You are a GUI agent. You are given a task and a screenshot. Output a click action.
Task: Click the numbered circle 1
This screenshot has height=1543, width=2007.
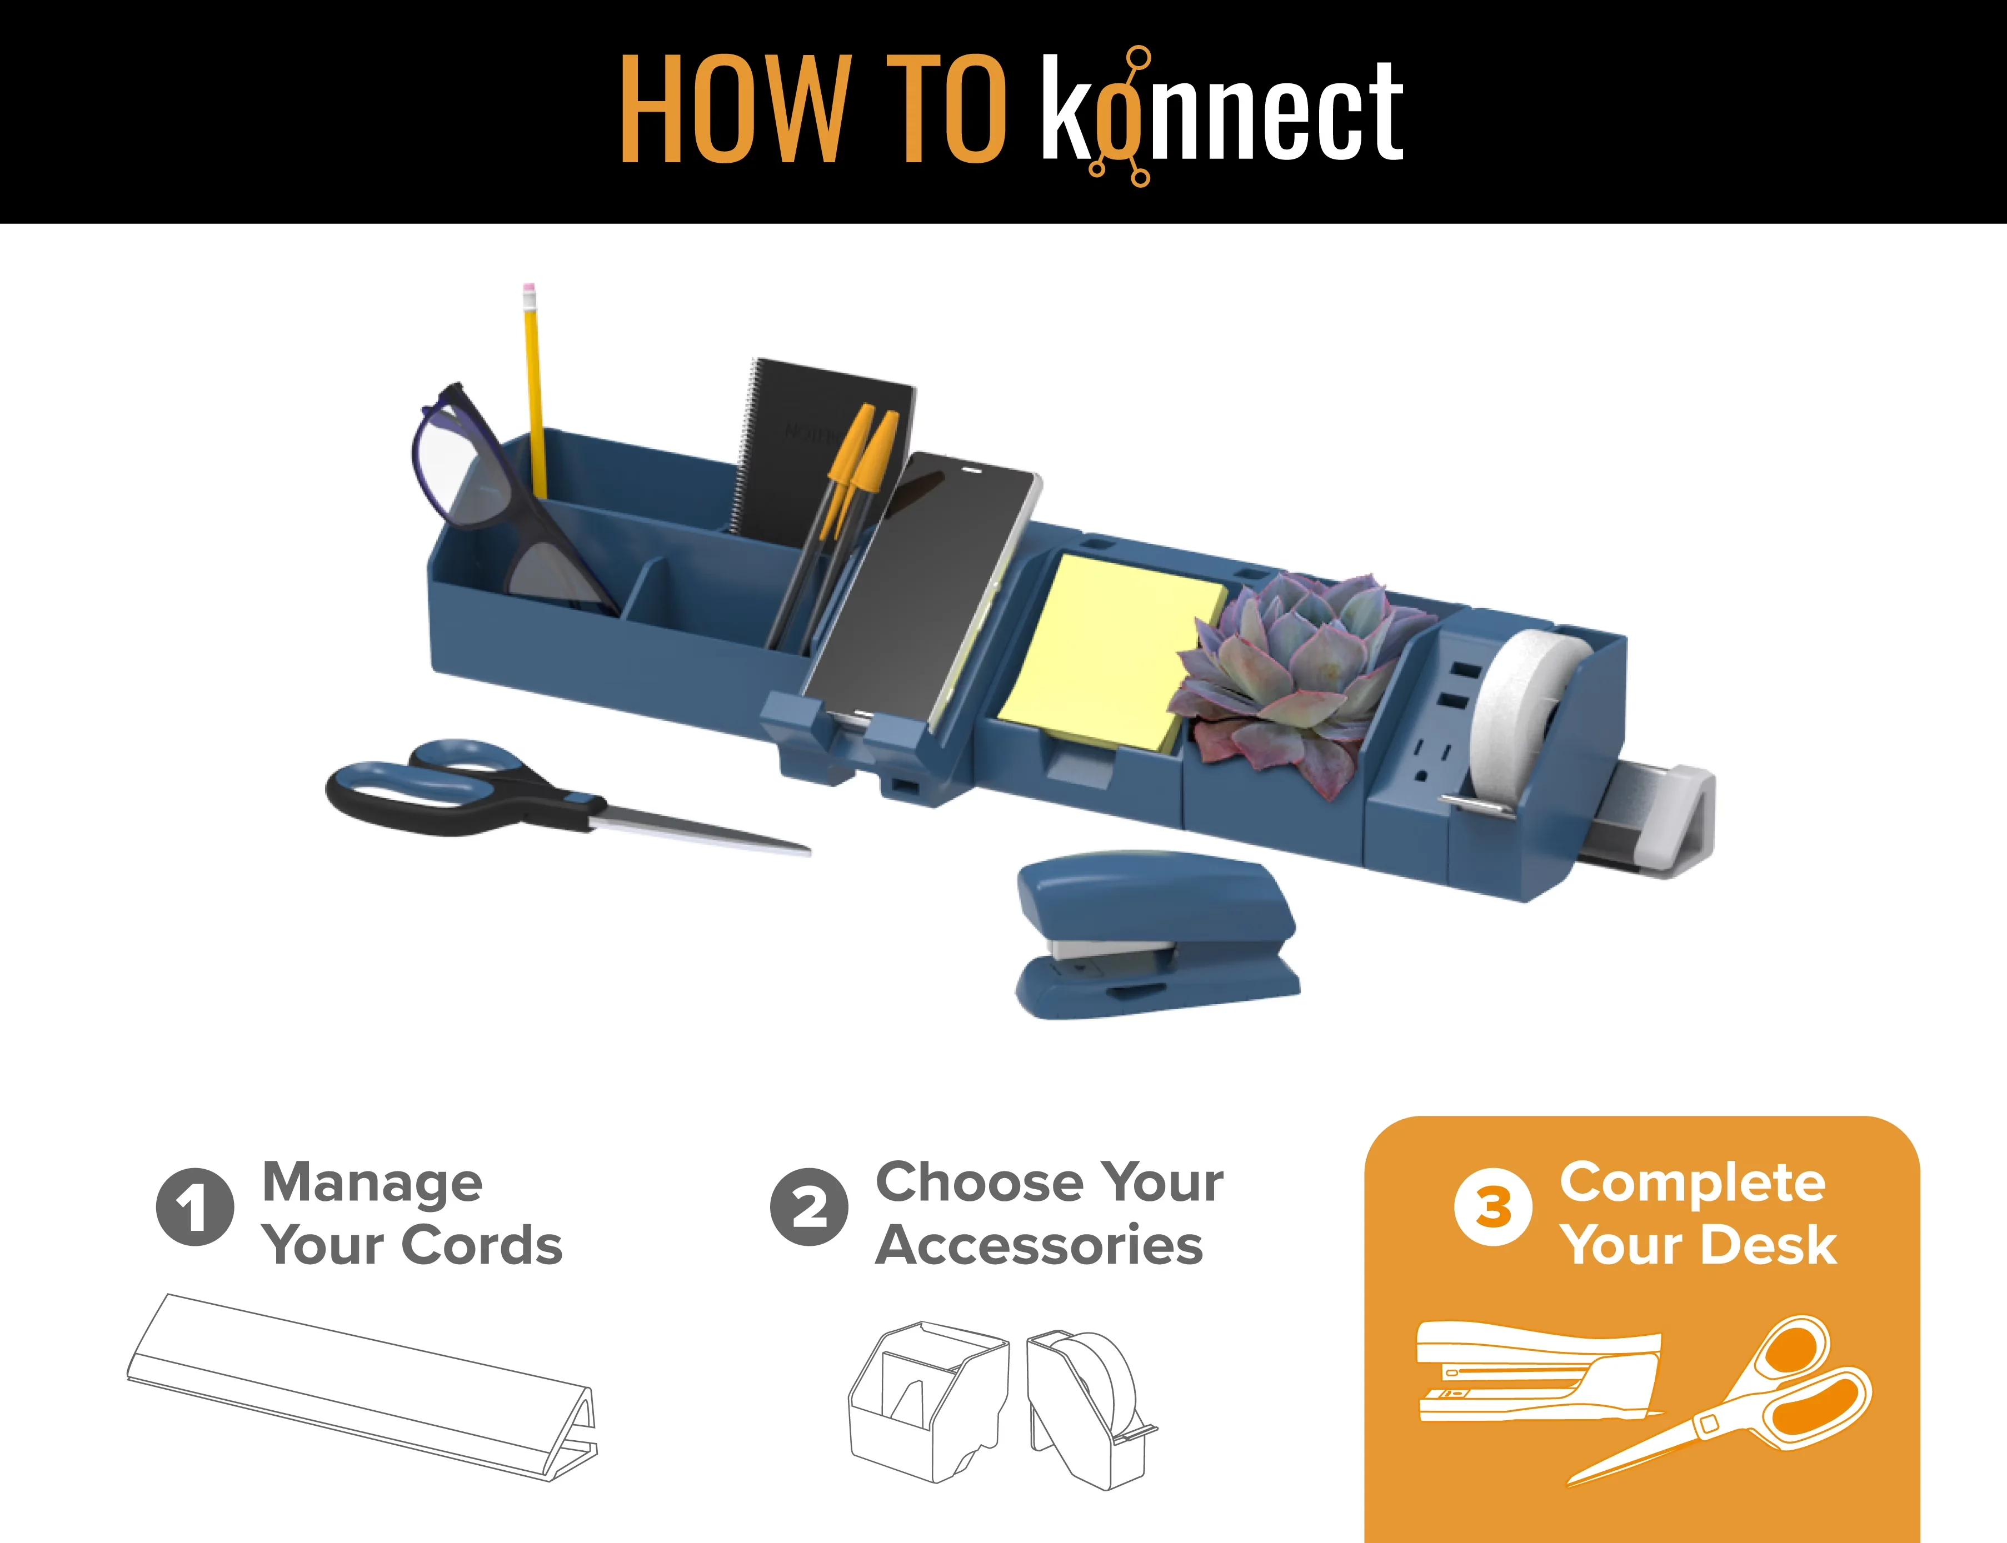tap(194, 1207)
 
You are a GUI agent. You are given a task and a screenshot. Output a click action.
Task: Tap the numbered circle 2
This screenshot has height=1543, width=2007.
tap(808, 1207)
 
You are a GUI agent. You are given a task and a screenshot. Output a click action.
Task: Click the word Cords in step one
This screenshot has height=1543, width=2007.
tap(482, 1245)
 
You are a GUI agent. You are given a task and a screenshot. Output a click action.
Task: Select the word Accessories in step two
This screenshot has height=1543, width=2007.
tap(1039, 1245)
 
